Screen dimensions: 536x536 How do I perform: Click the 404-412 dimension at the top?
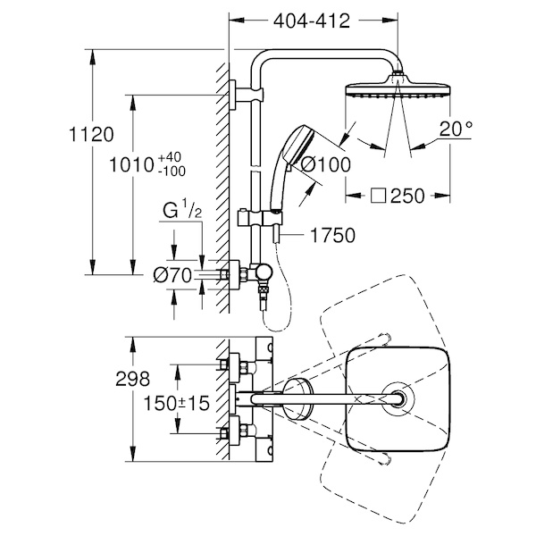click(x=312, y=21)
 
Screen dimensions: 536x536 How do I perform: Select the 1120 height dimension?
click(x=91, y=134)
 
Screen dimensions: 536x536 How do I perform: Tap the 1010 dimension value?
click(x=131, y=165)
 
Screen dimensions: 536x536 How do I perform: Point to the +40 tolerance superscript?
click(x=170, y=157)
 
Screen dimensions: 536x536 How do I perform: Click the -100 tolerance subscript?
click(x=172, y=171)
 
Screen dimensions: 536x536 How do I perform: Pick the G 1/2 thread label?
click(x=182, y=210)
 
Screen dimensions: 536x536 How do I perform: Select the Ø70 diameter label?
click(x=172, y=275)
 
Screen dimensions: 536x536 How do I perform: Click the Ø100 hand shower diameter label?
click(x=325, y=164)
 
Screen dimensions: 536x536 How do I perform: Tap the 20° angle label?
click(x=456, y=130)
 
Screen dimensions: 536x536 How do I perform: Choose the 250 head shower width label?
click(x=407, y=197)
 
